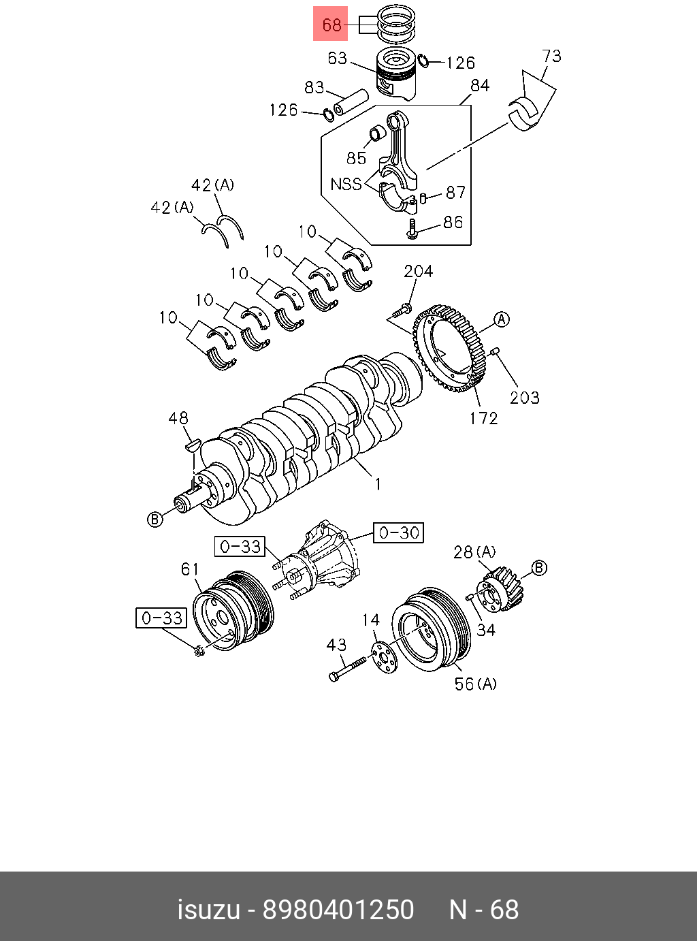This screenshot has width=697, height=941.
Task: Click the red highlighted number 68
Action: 331,25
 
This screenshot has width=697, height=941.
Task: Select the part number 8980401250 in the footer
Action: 338,910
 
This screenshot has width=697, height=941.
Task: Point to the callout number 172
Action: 483,418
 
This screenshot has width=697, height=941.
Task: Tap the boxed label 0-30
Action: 399,532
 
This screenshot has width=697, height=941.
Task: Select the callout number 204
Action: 418,271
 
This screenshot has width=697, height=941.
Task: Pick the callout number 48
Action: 178,418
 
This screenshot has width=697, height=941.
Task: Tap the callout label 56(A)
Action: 475,683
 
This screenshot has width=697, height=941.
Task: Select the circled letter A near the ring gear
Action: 501,319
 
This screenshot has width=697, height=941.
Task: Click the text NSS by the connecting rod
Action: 346,184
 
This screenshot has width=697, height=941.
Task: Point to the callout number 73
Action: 551,56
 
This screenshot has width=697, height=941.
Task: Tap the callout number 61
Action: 190,569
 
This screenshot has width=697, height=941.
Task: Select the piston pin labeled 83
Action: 350,102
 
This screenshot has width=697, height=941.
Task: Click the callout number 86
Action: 453,222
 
